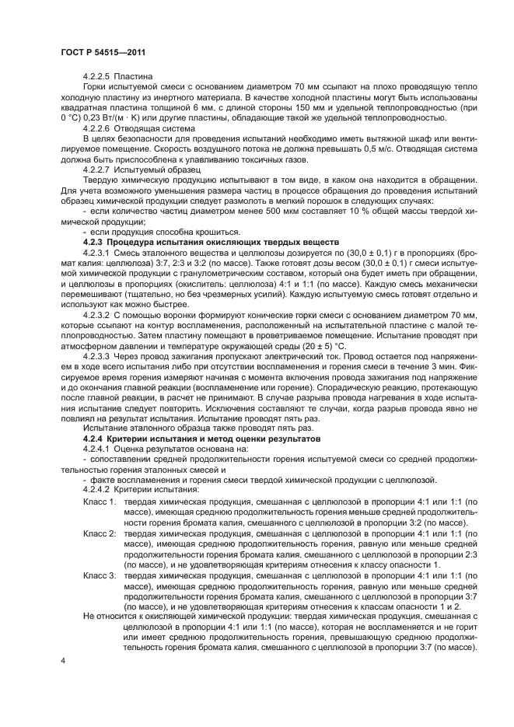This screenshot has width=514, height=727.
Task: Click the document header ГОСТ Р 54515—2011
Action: pyautogui.click(x=100, y=51)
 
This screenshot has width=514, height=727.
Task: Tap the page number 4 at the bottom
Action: pyautogui.click(x=62, y=660)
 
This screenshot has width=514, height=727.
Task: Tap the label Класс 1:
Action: pyautogui.click(x=100, y=501)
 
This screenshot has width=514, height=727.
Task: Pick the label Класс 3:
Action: pyautogui.click(x=100, y=575)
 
